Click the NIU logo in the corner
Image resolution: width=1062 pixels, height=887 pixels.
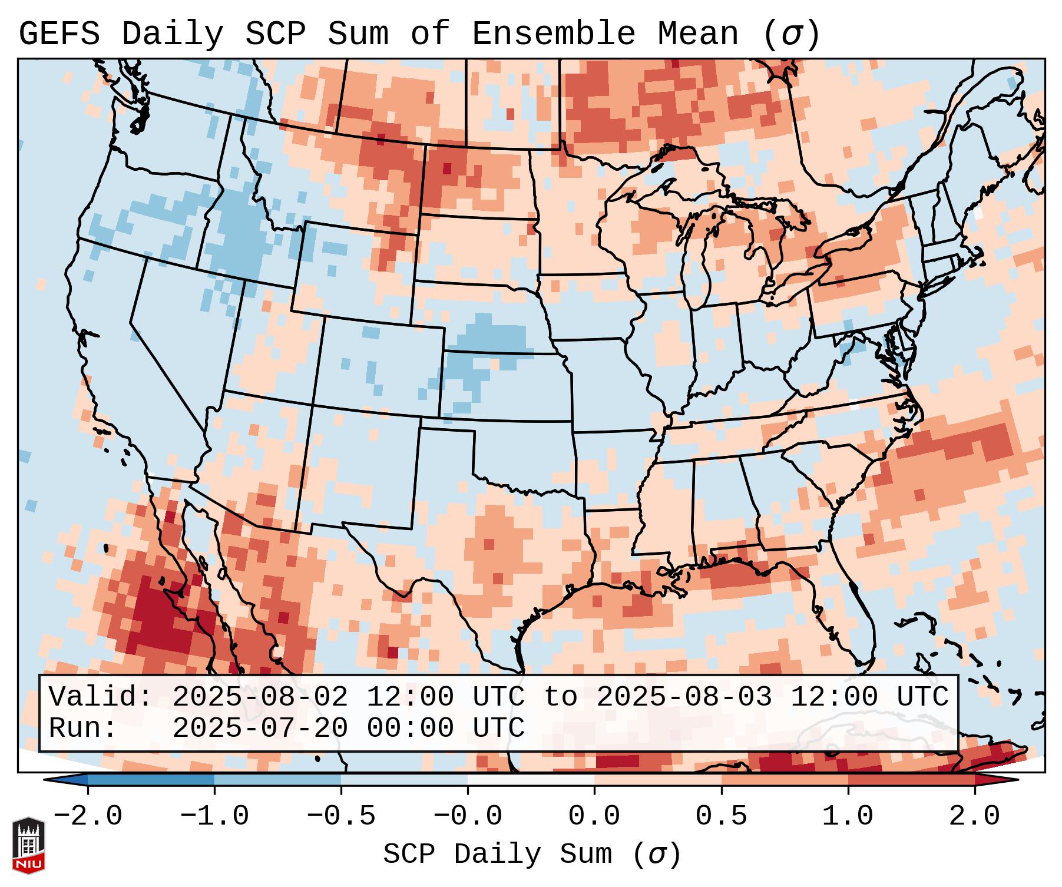[x=28, y=845]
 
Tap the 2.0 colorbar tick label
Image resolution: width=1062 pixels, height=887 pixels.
[x=974, y=816]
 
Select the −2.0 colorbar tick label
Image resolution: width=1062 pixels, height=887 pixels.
[x=88, y=816]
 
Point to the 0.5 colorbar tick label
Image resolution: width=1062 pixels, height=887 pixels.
[x=721, y=816]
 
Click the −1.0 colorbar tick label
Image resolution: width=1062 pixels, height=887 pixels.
[x=214, y=816]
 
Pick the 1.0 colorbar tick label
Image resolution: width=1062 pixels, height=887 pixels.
[x=848, y=816]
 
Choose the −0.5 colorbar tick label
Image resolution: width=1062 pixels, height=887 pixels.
[x=341, y=816]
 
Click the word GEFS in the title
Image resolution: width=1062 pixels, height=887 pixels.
[x=59, y=34]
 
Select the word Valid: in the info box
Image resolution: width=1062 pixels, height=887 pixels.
[x=101, y=697]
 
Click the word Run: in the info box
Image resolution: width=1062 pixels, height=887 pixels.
[x=83, y=728]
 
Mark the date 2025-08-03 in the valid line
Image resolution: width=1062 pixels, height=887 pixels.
[x=684, y=697]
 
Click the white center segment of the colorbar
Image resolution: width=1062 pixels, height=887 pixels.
[x=531, y=780]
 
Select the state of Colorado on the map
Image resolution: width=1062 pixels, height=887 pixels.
[x=377, y=365]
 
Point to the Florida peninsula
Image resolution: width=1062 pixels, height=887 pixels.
[x=857, y=613]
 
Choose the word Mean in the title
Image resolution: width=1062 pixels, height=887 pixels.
[x=697, y=34]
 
